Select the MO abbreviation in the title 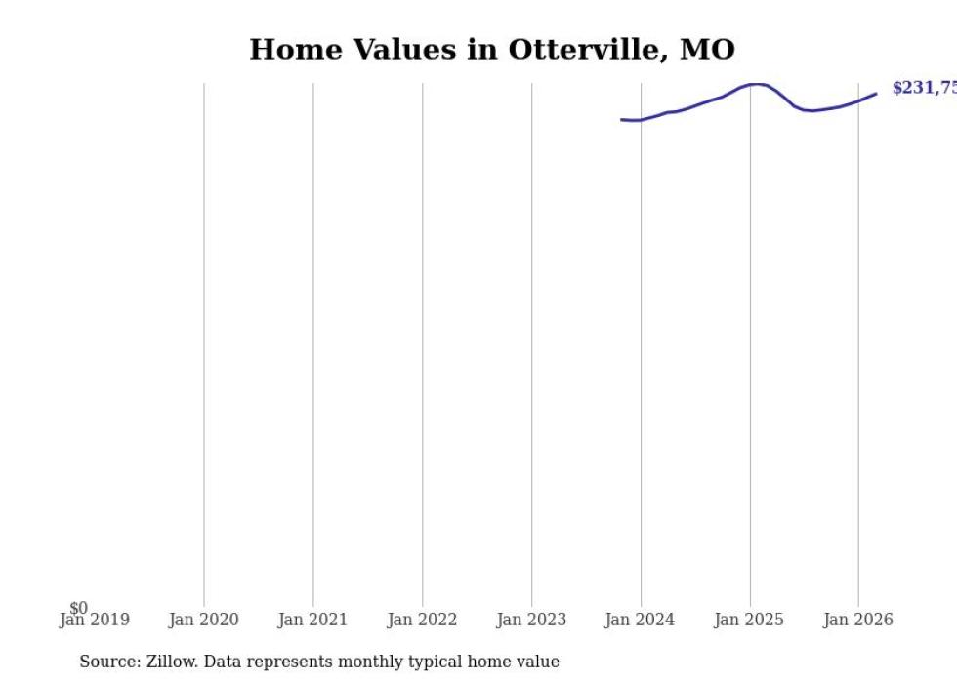(x=707, y=50)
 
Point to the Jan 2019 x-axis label (x=94, y=620)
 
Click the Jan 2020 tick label (x=203, y=620)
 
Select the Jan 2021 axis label (x=312, y=620)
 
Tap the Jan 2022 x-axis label (x=422, y=620)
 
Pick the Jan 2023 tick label (x=531, y=620)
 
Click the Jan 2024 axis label (x=640, y=620)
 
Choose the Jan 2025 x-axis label (x=749, y=620)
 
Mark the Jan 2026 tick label (x=857, y=620)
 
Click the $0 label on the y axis (x=78, y=608)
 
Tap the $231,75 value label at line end (x=924, y=88)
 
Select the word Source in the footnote (x=108, y=662)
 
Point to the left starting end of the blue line (x=622, y=119)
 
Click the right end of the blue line (x=876, y=94)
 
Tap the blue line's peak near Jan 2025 (x=755, y=84)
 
